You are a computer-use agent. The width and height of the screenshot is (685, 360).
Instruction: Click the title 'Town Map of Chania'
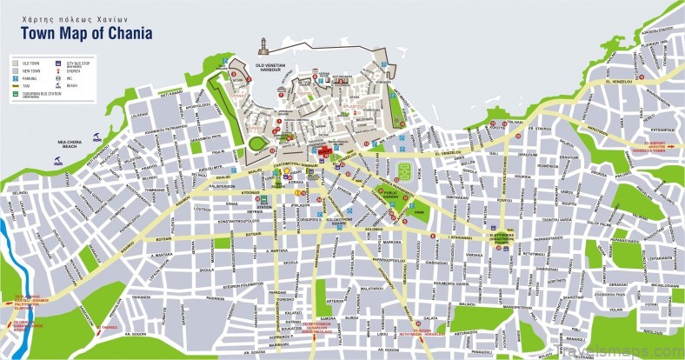coord(82,34)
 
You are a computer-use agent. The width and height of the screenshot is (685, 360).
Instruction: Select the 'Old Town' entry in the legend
coord(28,63)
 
